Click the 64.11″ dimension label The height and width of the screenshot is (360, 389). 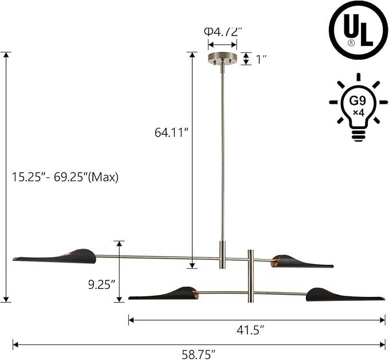172,132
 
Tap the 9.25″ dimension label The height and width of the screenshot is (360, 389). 102,284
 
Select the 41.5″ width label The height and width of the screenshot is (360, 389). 250,330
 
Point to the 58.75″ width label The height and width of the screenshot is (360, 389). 199,354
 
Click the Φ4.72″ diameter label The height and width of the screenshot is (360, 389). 222,32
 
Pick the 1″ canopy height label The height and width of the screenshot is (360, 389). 261,60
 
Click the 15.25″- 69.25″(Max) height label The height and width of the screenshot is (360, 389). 65,178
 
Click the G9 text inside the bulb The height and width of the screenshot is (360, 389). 357,101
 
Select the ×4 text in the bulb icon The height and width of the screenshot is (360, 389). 359,113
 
